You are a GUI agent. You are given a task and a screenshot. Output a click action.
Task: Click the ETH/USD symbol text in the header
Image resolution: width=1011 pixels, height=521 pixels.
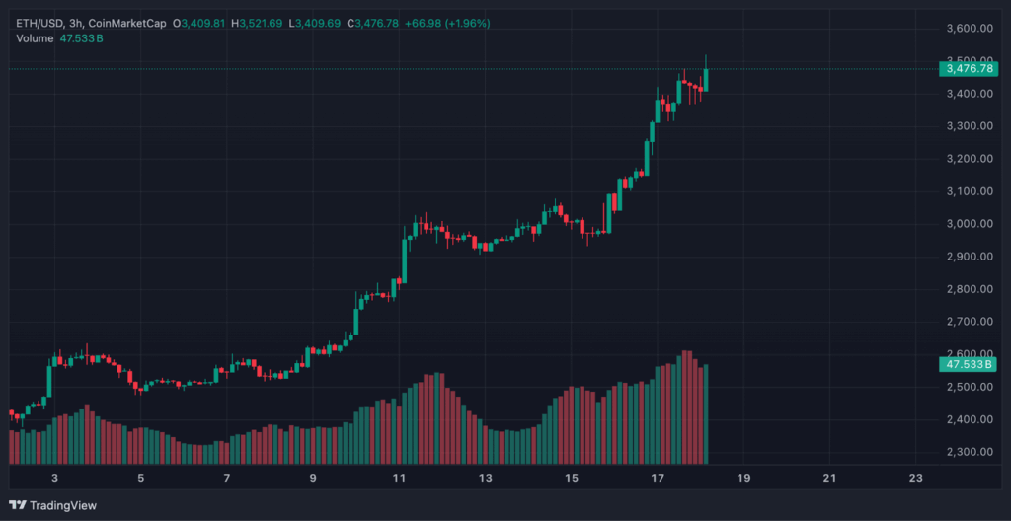[x=35, y=22]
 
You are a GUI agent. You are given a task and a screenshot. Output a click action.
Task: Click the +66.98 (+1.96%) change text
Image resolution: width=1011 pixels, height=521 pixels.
[x=447, y=22]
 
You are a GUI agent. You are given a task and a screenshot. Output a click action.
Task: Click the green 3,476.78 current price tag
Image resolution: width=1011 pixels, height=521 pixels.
[x=969, y=68]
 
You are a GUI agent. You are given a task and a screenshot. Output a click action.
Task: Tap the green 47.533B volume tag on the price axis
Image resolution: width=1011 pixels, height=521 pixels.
[x=969, y=364]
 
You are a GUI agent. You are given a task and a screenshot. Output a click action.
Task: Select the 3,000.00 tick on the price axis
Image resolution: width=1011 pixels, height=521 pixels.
[x=969, y=224]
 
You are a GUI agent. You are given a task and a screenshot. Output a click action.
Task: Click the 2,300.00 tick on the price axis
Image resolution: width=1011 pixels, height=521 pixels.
[x=969, y=452]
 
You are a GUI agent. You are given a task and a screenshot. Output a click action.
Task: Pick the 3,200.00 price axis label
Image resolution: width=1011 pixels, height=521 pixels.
[x=969, y=159]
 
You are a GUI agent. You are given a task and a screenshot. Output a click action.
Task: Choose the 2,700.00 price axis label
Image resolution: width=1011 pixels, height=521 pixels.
[x=969, y=322]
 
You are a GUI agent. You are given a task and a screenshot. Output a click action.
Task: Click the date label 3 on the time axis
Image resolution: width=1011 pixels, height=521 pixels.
[x=55, y=479]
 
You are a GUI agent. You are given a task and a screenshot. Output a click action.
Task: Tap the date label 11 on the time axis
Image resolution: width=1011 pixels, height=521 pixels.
[x=399, y=479]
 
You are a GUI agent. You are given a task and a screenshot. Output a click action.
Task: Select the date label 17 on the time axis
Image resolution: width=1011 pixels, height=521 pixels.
[x=658, y=479]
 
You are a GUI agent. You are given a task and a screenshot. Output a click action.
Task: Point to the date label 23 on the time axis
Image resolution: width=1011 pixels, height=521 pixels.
[x=915, y=479]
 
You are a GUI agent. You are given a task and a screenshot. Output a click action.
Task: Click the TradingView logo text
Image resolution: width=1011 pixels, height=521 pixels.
[x=62, y=505]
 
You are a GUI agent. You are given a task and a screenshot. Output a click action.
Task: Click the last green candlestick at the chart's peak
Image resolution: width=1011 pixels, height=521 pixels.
[x=706, y=79]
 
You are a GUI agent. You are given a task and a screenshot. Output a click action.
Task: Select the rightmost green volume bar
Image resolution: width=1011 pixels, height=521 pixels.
[x=706, y=414]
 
